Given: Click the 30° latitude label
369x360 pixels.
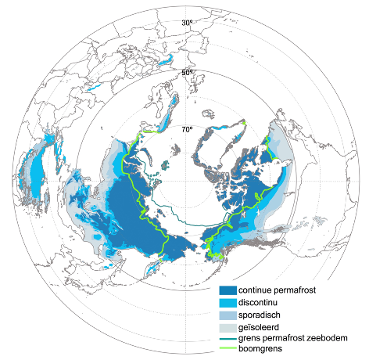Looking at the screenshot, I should point(187,23).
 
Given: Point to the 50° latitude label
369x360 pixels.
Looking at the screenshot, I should point(187,73).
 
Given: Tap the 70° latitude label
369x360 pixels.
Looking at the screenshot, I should point(187,129).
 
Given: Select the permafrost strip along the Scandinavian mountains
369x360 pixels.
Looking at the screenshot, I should point(164,117).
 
